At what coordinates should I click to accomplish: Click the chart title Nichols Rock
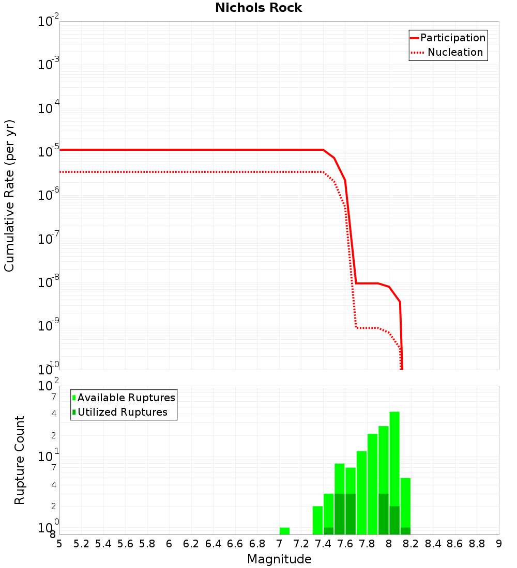coord(258,8)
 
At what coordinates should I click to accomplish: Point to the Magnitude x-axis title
coord(279,559)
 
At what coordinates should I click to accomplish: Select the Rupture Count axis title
coord(20,460)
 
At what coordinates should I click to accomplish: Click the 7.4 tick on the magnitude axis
coord(323,544)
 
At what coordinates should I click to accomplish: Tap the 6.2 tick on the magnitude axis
coord(191,544)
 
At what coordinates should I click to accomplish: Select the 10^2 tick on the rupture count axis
coord(49,386)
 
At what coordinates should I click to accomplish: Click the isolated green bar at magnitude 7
coord(284,531)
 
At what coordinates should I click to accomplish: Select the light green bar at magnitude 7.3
coord(317,519)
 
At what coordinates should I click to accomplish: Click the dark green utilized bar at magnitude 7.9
coord(384,514)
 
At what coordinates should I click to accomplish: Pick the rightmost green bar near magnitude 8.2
coord(405,503)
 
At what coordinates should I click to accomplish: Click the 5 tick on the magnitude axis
coord(59,544)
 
